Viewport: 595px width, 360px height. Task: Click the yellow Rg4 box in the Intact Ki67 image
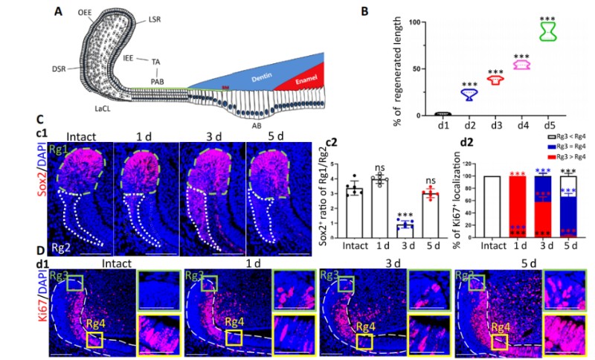pos(94,340)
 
